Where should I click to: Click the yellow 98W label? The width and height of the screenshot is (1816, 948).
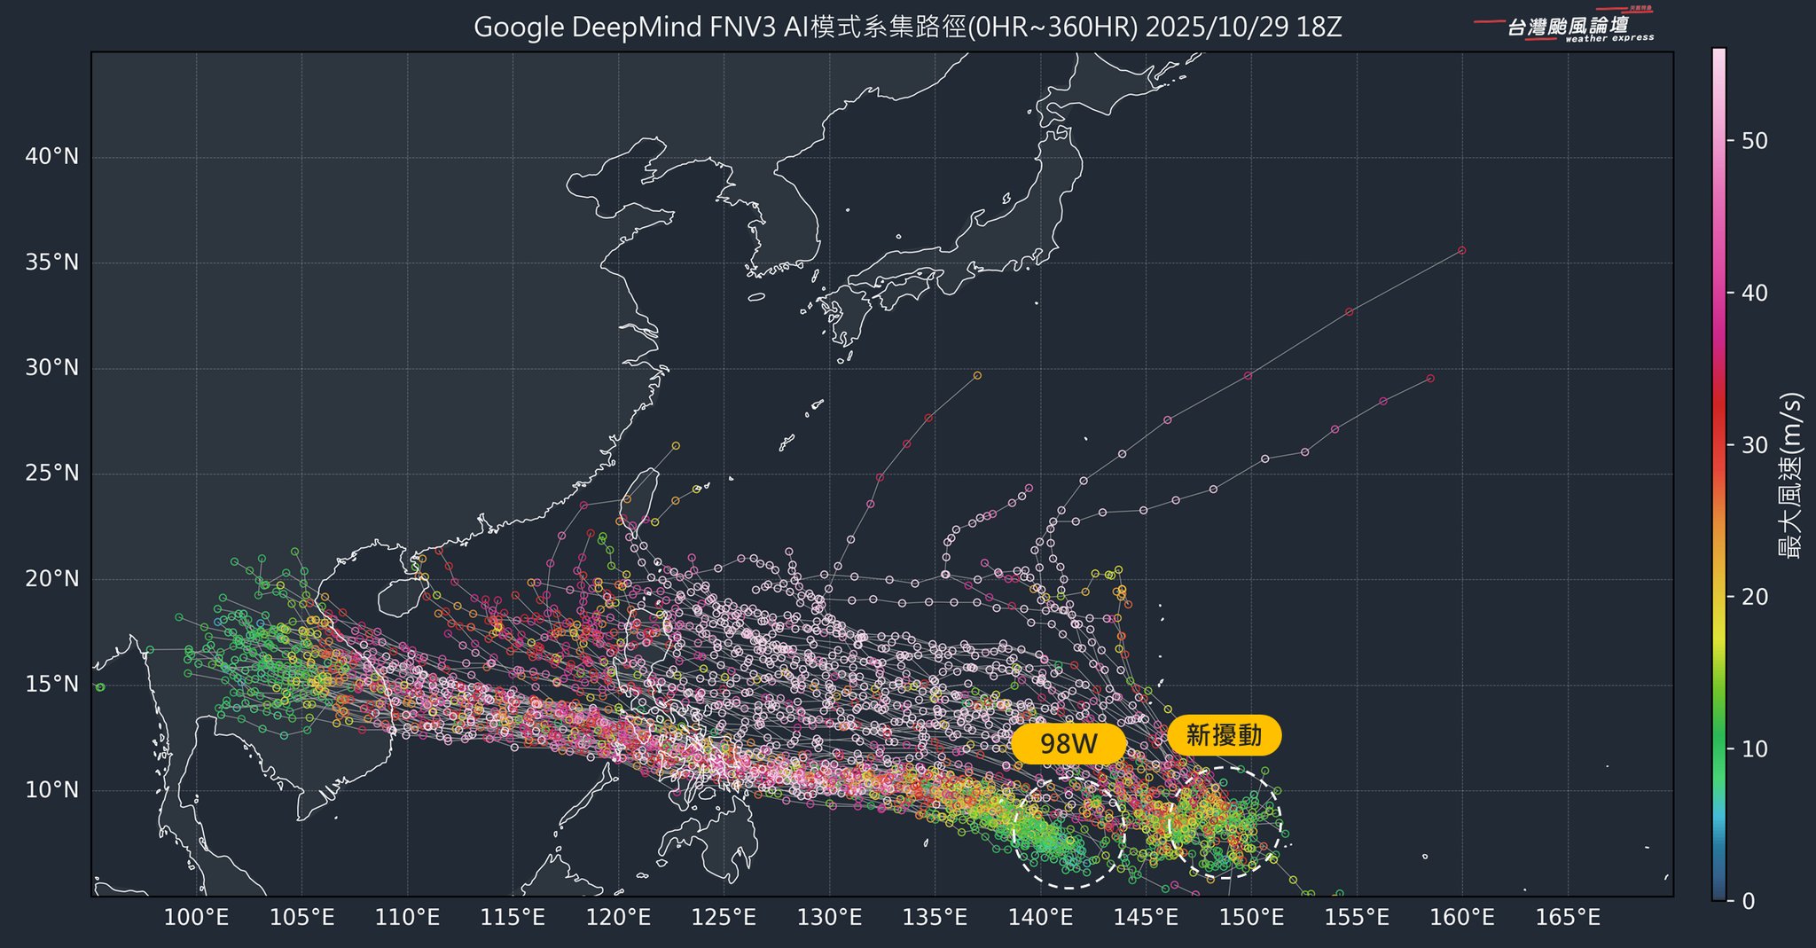pos(1068,744)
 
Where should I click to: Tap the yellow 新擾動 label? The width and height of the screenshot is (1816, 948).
pos(1224,735)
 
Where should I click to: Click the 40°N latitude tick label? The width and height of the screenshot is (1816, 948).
pos(51,158)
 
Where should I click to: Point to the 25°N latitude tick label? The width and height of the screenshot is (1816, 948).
pos(51,474)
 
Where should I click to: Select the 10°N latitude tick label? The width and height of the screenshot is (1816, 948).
pos(51,790)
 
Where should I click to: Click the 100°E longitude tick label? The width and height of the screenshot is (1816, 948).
pos(197,918)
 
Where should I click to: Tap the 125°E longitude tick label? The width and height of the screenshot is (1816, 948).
pos(724,918)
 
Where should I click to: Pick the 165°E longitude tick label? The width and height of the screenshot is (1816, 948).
pos(1568,918)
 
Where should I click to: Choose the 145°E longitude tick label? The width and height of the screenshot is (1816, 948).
pos(1146,918)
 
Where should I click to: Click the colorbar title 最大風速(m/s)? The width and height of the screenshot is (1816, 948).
pos(1791,474)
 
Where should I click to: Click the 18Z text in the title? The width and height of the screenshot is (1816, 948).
pos(1319,27)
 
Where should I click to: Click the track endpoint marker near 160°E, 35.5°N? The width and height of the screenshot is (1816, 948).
pos(1461,250)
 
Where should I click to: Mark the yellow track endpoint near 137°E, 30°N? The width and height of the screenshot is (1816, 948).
pos(977,375)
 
